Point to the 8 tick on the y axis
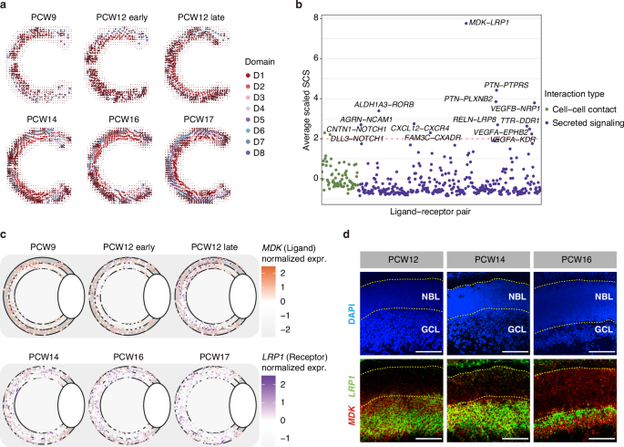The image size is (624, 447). click(315, 18)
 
